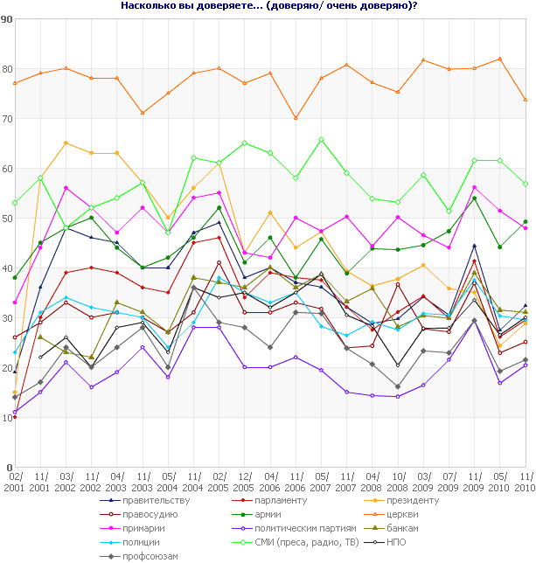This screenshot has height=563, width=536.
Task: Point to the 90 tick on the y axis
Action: [x=6, y=18]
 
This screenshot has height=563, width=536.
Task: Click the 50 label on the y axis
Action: [x=6, y=218]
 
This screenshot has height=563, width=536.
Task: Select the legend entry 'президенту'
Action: [x=431, y=500]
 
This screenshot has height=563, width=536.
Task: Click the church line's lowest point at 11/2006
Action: [x=296, y=118]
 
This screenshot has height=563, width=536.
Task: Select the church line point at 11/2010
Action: [x=525, y=100]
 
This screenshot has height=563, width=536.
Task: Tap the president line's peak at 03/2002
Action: [x=66, y=142]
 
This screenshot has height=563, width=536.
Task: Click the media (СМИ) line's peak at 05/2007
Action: [x=322, y=139]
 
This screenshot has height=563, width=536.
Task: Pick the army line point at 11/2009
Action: [x=474, y=198]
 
